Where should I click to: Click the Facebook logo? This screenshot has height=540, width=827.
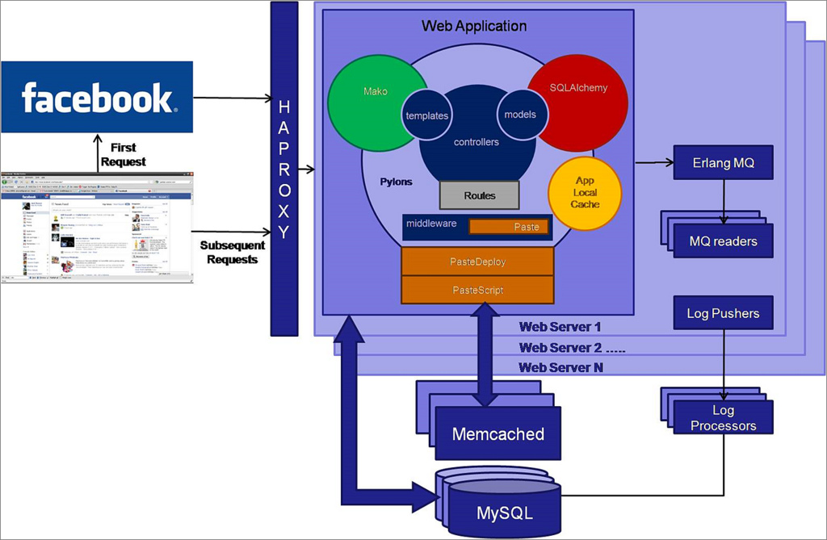pyautogui.click(x=97, y=97)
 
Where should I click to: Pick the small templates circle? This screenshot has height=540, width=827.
pyautogui.click(x=426, y=115)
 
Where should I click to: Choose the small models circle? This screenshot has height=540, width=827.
pyautogui.click(x=519, y=114)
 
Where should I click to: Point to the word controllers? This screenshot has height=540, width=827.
pyautogui.click(x=476, y=142)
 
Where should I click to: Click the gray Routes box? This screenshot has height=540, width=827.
pyautogui.click(x=480, y=195)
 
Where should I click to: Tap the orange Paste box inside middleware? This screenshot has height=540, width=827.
pyautogui.click(x=510, y=227)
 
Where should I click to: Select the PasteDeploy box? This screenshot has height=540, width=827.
pyautogui.click(x=477, y=262)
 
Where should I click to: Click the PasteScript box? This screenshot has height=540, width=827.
pyautogui.click(x=477, y=289)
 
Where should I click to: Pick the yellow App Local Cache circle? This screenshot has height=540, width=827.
pyautogui.click(x=586, y=192)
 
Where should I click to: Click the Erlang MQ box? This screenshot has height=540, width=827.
pyautogui.click(x=723, y=163)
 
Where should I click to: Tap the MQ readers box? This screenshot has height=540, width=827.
pyautogui.click(x=723, y=241)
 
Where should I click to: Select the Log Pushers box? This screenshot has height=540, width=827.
pyautogui.click(x=723, y=313)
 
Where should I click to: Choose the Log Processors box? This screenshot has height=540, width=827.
pyautogui.click(x=723, y=418)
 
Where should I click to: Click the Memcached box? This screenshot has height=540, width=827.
pyautogui.click(x=498, y=434)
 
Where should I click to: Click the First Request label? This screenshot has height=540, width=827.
pyautogui.click(x=123, y=154)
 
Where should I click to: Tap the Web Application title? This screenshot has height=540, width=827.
pyautogui.click(x=474, y=26)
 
